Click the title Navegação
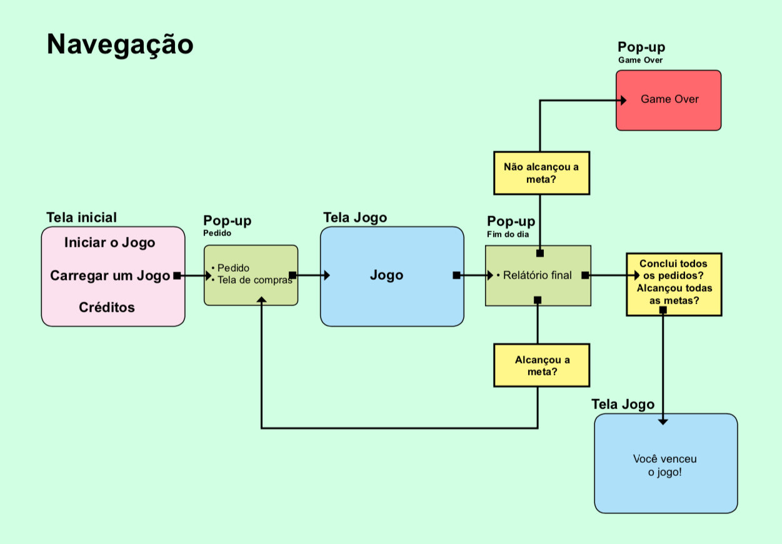click(x=120, y=45)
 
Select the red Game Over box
click(x=668, y=100)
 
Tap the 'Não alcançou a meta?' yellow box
click(x=541, y=173)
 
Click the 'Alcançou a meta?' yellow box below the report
click(x=541, y=365)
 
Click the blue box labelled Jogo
click(x=392, y=276)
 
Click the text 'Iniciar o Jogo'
click(x=109, y=243)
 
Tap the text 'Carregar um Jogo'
click(x=110, y=275)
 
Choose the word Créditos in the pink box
click(x=107, y=307)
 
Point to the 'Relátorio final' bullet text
click(x=537, y=275)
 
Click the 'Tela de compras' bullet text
click(x=254, y=280)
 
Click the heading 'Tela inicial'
click(x=81, y=217)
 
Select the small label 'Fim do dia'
click(x=508, y=234)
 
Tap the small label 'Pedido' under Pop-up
click(x=217, y=233)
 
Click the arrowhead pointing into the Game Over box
click(x=623, y=101)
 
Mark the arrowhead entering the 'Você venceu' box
click(x=663, y=422)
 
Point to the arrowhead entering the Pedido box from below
click(x=261, y=300)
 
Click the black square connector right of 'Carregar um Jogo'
click(x=177, y=275)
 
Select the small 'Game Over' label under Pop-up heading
click(x=640, y=61)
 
